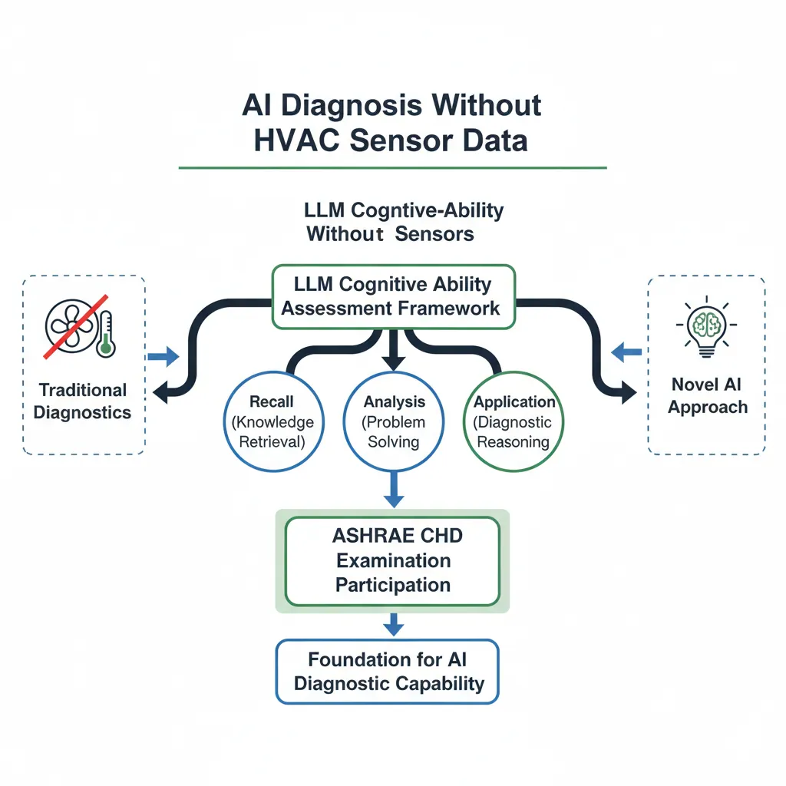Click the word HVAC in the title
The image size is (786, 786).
302,141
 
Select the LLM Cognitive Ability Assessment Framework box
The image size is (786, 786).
394,296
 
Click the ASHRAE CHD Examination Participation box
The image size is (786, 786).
392,561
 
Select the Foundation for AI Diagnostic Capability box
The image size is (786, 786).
387,672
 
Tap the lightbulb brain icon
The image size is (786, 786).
706,329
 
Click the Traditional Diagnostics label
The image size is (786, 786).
83,401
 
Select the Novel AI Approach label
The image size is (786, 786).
707,395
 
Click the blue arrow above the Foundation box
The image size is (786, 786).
393,625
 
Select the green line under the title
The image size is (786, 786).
392,167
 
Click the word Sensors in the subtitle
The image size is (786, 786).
434,234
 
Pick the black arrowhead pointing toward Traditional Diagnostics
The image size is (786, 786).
160,393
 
